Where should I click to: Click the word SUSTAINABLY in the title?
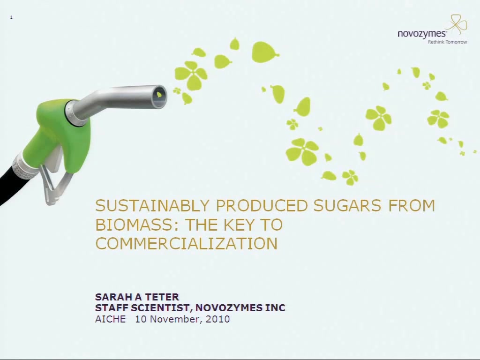point(152,205)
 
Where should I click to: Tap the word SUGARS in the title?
point(347,205)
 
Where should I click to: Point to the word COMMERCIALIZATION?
point(187,244)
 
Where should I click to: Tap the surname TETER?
point(162,297)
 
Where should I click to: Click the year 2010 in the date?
point(217,319)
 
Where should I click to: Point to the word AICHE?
point(111,319)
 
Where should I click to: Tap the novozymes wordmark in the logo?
point(422,34)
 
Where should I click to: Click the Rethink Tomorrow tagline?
point(447,42)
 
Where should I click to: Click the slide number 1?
point(11,17)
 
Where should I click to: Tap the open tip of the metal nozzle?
point(159,97)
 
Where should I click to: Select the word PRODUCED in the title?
point(262,205)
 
